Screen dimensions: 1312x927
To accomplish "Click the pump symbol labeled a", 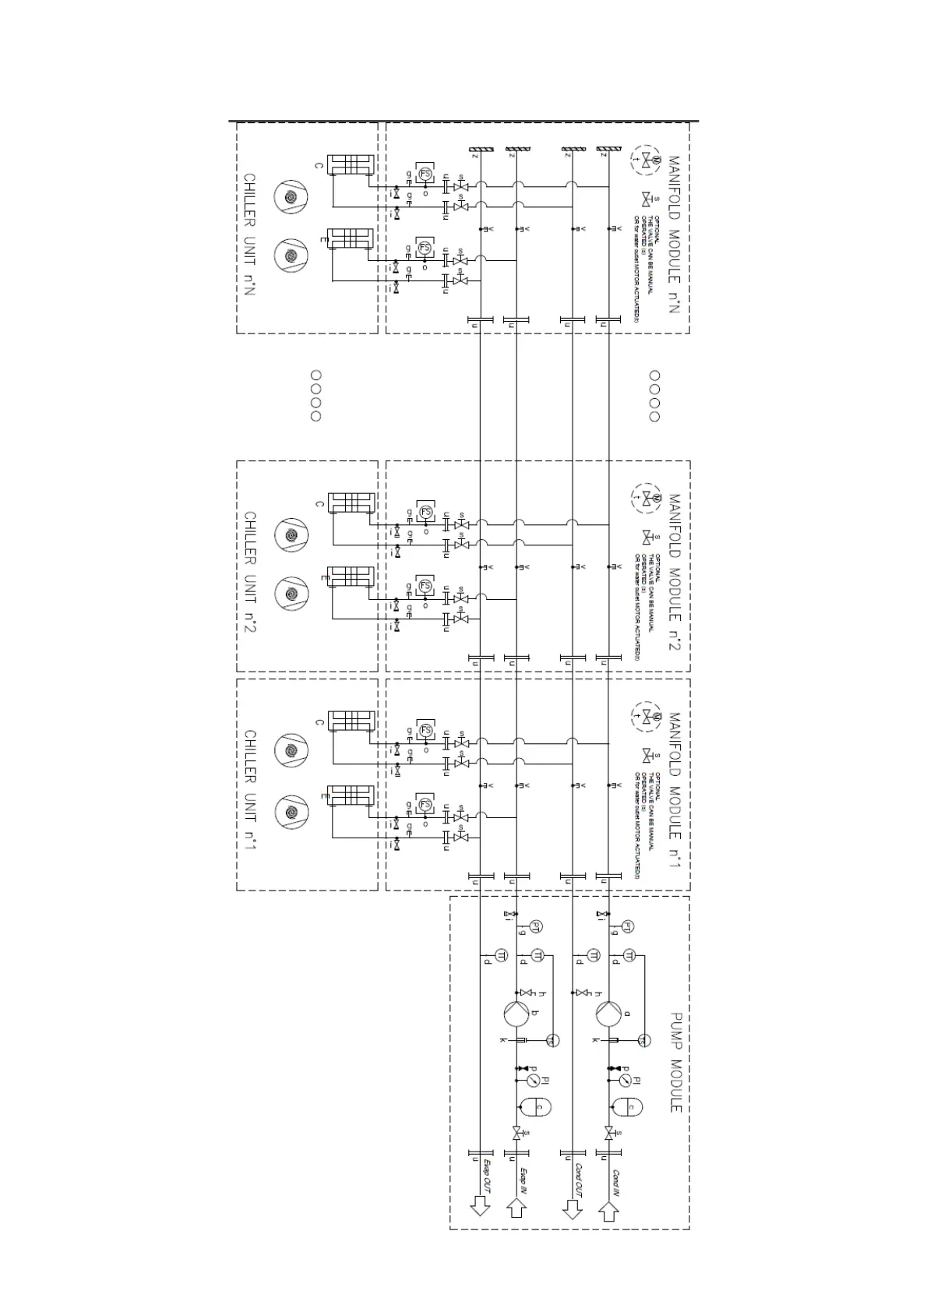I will pos(608,1014).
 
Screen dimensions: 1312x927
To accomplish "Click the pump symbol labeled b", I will pos(516,1014).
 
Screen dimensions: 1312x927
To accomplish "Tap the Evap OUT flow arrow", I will pos(480,1205).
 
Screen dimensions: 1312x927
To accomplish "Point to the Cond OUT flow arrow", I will pos(573,1205).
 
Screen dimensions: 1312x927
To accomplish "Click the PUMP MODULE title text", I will pos(675,1063).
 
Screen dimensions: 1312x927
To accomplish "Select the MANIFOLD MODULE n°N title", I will pos(675,235).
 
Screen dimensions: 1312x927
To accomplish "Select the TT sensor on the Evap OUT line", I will pos(500,956).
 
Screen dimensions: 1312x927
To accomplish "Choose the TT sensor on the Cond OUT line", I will pos(593,956).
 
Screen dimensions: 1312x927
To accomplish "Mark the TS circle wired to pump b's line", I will pos(552,1040).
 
